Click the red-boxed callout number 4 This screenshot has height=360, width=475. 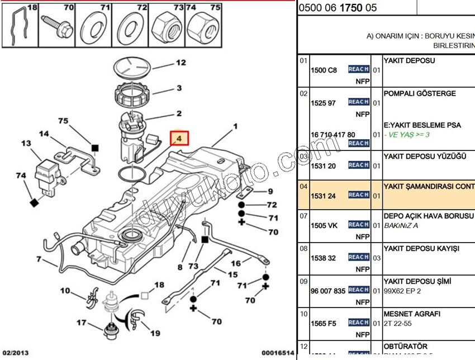click(x=179, y=138)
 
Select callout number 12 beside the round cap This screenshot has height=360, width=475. click(x=180, y=63)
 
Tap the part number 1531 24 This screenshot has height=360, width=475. click(x=324, y=196)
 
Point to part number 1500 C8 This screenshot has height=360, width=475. click(x=324, y=70)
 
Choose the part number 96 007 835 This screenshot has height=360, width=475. click(x=328, y=291)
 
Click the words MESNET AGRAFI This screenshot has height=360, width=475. click(x=412, y=314)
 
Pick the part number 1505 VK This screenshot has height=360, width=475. click(x=324, y=226)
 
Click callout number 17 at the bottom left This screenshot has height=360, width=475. click(x=82, y=323)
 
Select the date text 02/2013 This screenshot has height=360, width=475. click(x=15, y=353)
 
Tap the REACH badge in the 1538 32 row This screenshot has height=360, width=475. click(x=358, y=257)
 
